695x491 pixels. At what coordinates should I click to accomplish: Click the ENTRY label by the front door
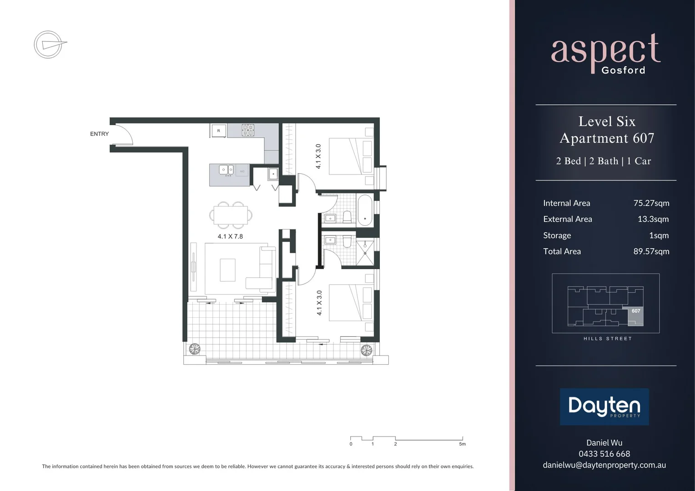click(x=99, y=134)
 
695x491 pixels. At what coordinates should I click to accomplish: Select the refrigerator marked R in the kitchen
click(x=218, y=130)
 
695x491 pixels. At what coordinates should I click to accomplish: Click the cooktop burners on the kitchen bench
click(x=248, y=130)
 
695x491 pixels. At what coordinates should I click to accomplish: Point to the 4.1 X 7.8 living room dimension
click(x=230, y=236)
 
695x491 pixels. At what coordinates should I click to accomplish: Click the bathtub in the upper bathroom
click(x=365, y=210)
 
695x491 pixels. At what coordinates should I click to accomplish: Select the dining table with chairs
click(x=231, y=215)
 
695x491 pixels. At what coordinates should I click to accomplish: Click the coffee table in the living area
click(x=228, y=270)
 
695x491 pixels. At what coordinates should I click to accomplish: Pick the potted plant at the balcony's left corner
click(x=195, y=349)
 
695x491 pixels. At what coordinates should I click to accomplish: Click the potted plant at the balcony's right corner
click(x=366, y=350)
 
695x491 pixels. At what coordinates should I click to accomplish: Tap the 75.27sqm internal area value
click(x=651, y=203)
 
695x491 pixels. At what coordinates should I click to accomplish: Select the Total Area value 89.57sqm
click(x=651, y=251)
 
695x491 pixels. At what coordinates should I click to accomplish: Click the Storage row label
click(x=557, y=235)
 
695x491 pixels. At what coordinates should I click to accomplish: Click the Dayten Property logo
click(x=604, y=406)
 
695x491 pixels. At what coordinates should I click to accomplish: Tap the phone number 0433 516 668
click(x=604, y=454)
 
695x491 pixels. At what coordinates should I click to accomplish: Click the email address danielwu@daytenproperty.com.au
click(x=604, y=465)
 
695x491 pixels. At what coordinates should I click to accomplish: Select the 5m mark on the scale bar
click(x=462, y=444)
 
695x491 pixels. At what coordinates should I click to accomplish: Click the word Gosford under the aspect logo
click(x=623, y=70)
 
